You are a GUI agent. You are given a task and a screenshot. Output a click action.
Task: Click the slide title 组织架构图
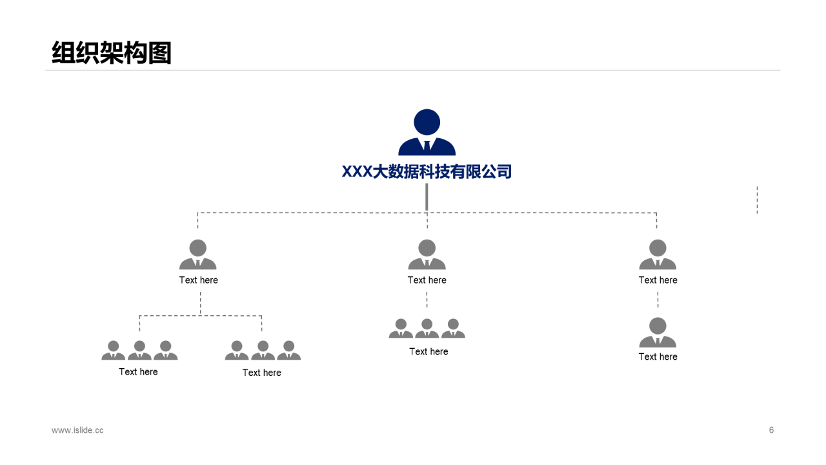coord(112,53)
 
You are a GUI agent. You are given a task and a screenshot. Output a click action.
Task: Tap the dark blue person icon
coord(427,133)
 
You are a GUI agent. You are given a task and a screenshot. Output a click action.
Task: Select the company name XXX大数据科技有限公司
coord(427,172)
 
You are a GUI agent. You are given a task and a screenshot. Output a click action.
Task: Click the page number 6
coord(771,430)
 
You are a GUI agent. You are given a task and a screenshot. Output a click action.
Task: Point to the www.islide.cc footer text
coord(77,430)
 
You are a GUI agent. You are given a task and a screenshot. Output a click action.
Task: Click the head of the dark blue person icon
coord(427,122)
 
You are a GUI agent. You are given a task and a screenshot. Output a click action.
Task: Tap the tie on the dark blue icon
coord(427,146)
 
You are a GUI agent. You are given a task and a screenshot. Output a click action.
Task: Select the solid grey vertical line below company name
coord(427,197)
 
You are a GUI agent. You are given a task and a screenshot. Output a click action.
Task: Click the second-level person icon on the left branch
coord(198,254)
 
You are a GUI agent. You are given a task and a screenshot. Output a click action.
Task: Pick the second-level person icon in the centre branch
coord(427,254)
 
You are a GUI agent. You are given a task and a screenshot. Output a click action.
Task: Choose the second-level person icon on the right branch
coord(658,254)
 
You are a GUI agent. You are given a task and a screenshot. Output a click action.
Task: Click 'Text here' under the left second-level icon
coord(199,280)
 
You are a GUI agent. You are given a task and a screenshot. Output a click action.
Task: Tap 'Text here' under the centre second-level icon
coord(427,280)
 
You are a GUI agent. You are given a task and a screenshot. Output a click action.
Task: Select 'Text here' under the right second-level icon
coord(658,280)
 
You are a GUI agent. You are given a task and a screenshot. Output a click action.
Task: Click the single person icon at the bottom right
coord(658,333)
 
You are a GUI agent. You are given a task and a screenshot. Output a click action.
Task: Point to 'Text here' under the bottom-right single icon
coord(658,356)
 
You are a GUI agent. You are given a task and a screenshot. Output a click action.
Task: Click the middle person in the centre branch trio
coord(427,329)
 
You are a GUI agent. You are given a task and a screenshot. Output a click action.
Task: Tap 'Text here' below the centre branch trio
coord(428,351)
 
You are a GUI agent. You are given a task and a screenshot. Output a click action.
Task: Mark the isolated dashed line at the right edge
coord(757,200)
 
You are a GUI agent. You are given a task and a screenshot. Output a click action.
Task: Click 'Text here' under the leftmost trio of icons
coord(138,372)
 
